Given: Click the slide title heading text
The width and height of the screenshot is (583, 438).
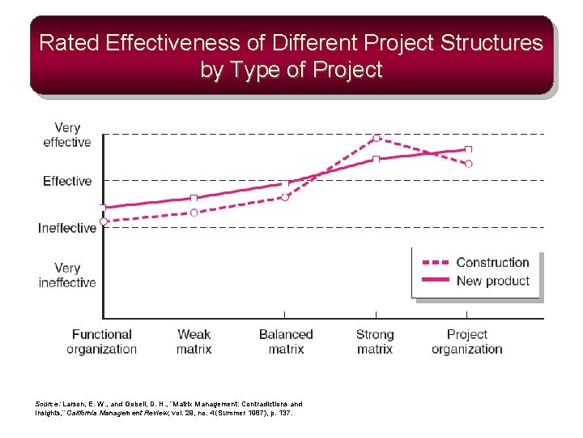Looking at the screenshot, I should pyautogui.click(x=291, y=56).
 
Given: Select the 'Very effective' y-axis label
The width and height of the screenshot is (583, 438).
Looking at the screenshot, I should pyautogui.click(x=67, y=135).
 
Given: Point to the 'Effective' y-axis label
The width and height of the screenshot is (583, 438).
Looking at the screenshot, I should pyautogui.click(x=67, y=181).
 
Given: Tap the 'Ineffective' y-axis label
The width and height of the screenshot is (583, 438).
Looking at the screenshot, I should pyautogui.click(x=67, y=228).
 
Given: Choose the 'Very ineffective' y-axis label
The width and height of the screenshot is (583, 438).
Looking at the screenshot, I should pyautogui.click(x=67, y=275).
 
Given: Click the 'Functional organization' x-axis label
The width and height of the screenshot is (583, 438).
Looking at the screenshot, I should pyautogui.click(x=102, y=341).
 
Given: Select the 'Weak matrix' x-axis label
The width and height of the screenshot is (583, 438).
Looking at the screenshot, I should pyautogui.click(x=194, y=341).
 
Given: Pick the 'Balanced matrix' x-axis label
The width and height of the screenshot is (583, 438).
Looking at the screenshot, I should pyautogui.click(x=286, y=341).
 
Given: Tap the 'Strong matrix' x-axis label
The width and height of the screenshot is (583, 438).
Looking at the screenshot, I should pyautogui.click(x=375, y=341).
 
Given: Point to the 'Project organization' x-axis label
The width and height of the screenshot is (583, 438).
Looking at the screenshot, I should pyautogui.click(x=467, y=341).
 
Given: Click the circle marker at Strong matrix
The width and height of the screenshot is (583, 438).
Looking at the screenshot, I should pyautogui.click(x=377, y=138).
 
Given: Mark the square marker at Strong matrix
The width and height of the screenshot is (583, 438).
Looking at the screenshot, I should pyautogui.click(x=377, y=159).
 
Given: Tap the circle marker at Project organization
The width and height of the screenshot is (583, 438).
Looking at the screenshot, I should pyautogui.click(x=468, y=164).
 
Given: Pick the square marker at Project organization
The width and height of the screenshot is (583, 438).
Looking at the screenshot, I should pyautogui.click(x=468, y=149).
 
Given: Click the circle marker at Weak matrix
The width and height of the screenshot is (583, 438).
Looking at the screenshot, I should pyautogui.click(x=194, y=213).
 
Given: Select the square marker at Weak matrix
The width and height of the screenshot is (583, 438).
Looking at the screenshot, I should pyautogui.click(x=194, y=198).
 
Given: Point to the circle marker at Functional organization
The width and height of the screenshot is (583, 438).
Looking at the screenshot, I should pyautogui.click(x=104, y=221).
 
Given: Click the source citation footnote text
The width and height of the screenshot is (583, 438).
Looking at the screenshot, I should pyautogui.click(x=169, y=408).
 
